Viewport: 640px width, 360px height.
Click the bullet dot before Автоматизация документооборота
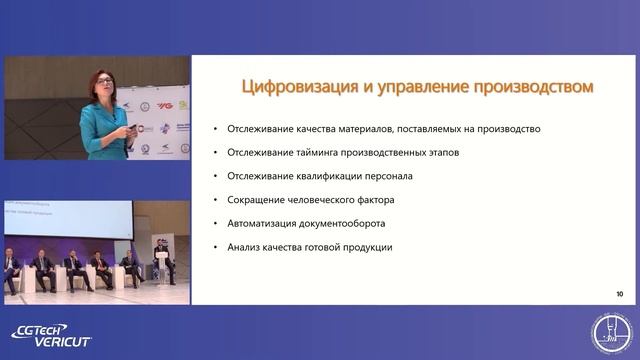(216, 223)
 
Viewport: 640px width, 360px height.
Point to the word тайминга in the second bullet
(318, 152)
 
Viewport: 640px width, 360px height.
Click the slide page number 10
(620, 294)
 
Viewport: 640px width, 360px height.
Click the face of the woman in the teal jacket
(103, 87)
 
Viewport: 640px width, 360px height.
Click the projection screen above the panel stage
(68, 218)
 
